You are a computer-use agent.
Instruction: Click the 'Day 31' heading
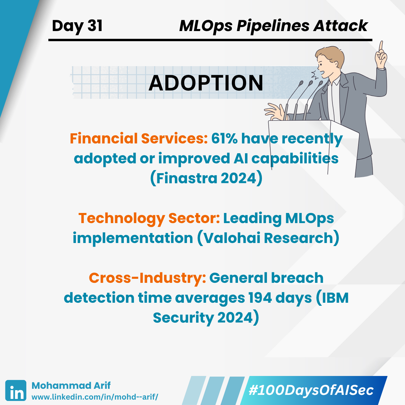77,26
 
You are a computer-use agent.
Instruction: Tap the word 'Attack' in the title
340,26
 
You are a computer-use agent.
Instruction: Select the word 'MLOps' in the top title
206,26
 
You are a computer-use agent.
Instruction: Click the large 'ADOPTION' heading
206,83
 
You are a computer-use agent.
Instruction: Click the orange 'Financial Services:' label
139,139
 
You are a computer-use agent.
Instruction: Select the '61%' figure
224,139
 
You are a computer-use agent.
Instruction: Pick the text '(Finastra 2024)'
206,178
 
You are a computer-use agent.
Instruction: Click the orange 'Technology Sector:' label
149,218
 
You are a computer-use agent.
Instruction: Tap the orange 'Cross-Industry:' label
147,278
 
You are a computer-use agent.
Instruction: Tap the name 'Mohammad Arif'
71,386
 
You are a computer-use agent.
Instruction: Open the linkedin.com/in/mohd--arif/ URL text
95,397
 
